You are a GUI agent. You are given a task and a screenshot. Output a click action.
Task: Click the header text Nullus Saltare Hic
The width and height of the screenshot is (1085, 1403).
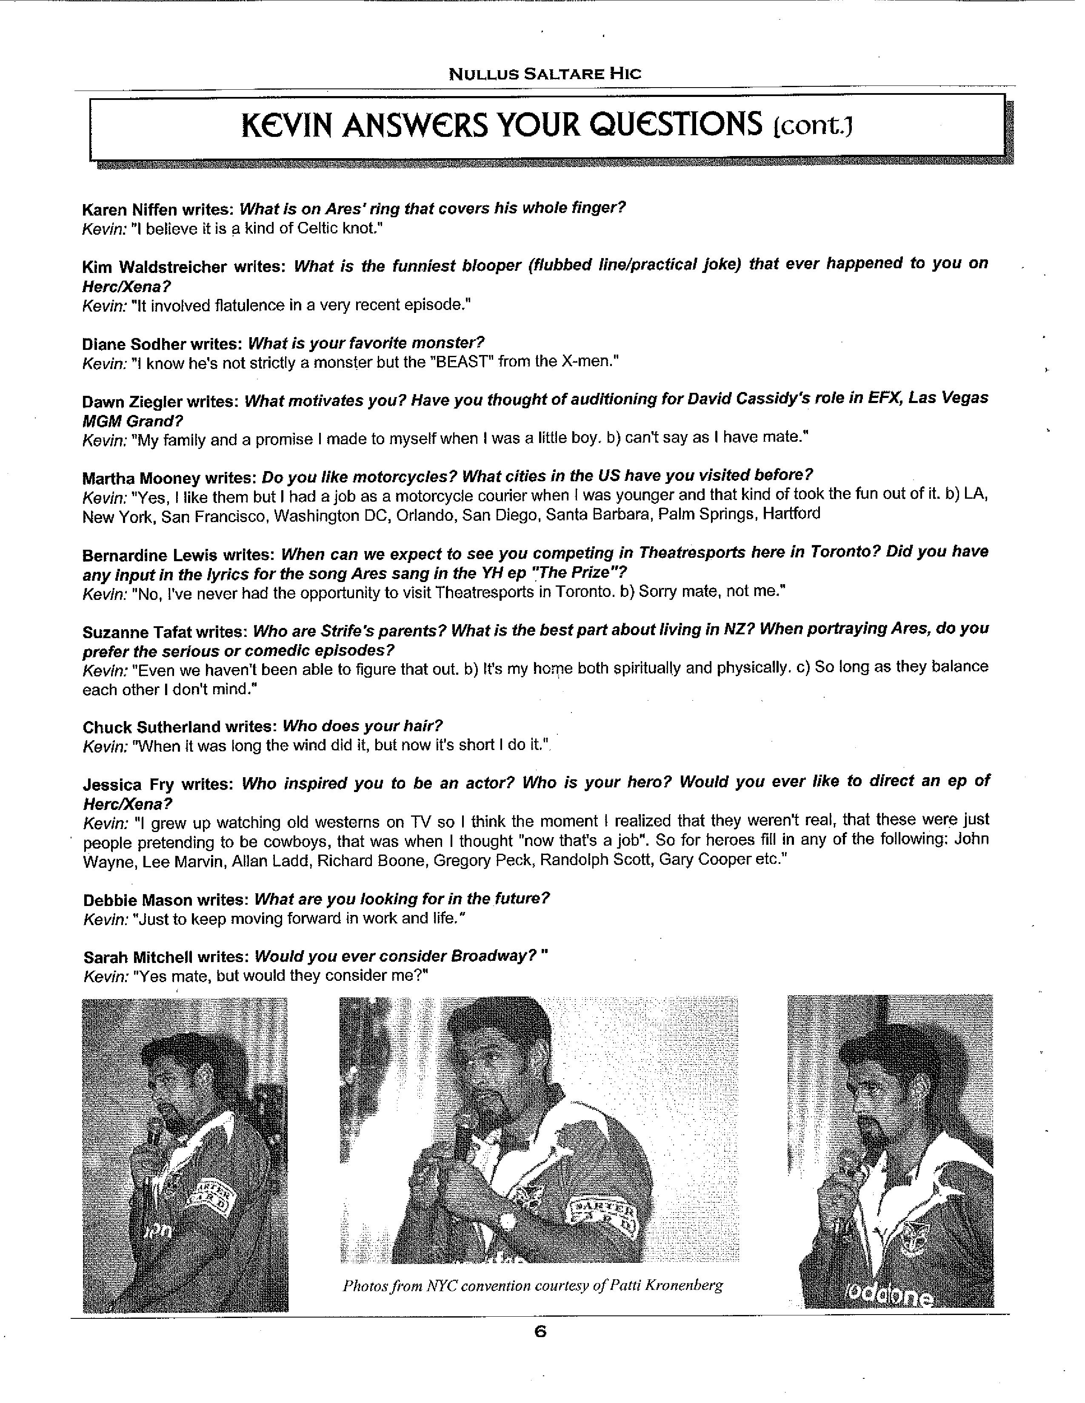[x=545, y=74]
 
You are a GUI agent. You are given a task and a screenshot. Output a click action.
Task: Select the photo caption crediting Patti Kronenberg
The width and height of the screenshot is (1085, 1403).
[x=533, y=1285]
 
